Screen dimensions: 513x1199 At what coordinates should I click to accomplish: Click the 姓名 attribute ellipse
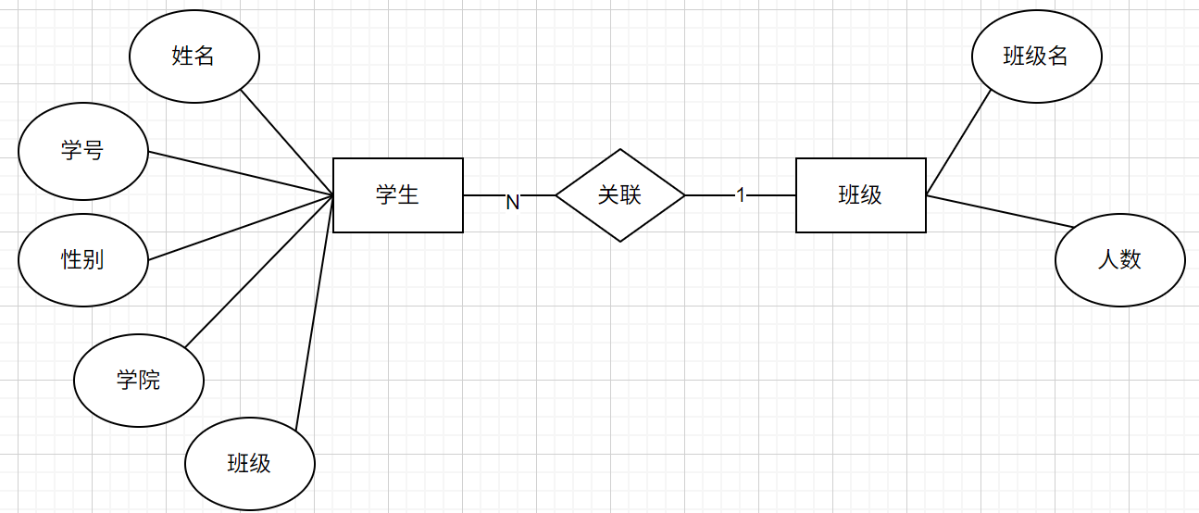pos(194,56)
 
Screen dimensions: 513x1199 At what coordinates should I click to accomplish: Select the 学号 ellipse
pos(83,151)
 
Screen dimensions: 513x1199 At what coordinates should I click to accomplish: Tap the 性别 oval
pos(83,259)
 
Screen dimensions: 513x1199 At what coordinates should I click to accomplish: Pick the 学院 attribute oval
pos(139,380)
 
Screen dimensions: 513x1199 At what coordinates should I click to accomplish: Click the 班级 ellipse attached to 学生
pos(250,463)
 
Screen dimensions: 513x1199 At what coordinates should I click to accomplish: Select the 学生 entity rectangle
pos(398,195)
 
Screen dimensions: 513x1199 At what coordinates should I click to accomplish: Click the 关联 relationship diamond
pos(620,195)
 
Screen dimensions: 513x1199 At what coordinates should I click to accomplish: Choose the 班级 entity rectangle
pos(861,195)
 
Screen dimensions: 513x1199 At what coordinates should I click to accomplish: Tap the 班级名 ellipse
pos(1037,56)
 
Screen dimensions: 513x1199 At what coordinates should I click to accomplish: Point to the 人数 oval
pos(1120,259)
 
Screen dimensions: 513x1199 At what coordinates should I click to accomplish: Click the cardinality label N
pos(512,202)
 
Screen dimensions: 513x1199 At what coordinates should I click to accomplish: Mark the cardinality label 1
pos(741,195)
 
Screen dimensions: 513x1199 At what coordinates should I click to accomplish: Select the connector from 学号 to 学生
pos(241,174)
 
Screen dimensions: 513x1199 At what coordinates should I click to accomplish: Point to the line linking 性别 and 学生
pos(241,228)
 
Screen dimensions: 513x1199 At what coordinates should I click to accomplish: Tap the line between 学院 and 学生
pos(259,271)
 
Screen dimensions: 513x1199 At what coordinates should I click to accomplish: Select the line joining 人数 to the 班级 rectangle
pos(1000,211)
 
